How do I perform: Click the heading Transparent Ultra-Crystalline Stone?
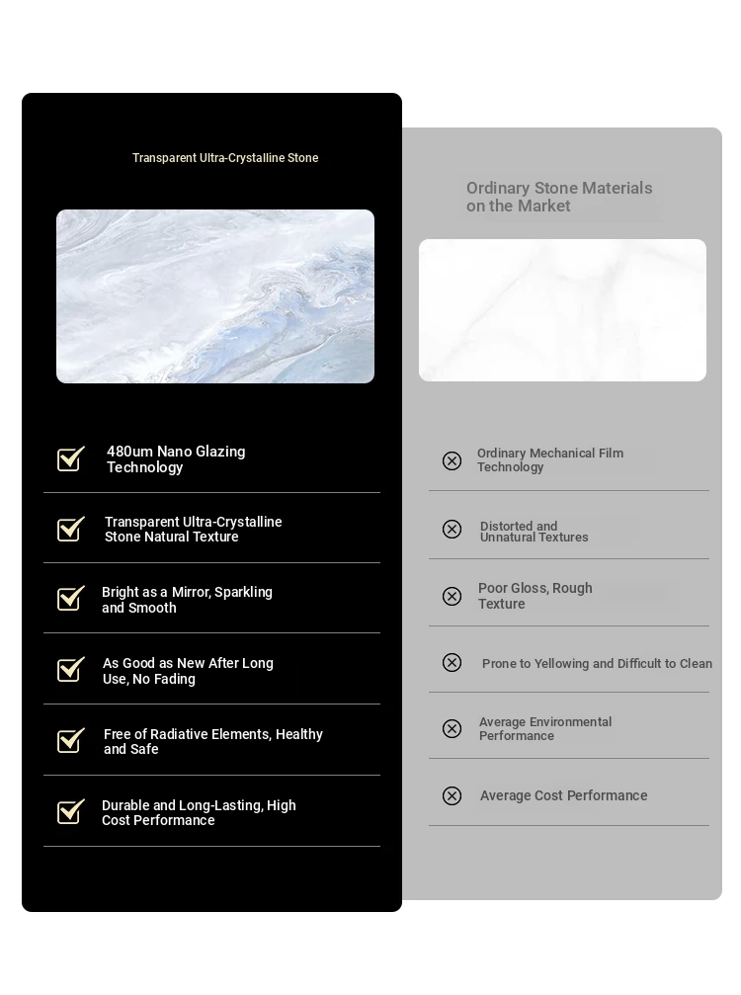coord(225,158)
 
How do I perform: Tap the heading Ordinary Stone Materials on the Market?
coord(559,197)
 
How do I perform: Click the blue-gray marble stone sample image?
coord(215,296)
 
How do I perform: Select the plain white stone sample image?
coord(562,310)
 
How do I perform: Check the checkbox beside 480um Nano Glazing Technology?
coord(70,459)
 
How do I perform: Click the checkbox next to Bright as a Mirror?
coord(70,599)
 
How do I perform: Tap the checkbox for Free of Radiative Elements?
coord(70,741)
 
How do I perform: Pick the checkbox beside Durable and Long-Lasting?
coord(70,812)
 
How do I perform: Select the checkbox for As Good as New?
coord(70,670)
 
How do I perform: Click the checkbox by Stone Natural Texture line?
coord(70,530)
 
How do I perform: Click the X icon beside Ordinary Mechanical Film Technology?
coord(452,460)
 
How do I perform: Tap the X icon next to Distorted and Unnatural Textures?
coord(452,529)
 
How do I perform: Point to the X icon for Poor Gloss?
coord(452,596)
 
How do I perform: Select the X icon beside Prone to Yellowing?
coord(452,662)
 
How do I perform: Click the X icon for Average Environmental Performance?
coord(452,728)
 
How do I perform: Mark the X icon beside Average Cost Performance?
coord(452,795)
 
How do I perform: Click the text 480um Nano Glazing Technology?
coord(176,459)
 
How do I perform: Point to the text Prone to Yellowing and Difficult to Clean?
coord(597,663)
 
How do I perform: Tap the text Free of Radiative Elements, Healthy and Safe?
coord(212,741)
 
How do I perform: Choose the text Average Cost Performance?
coord(563,795)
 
